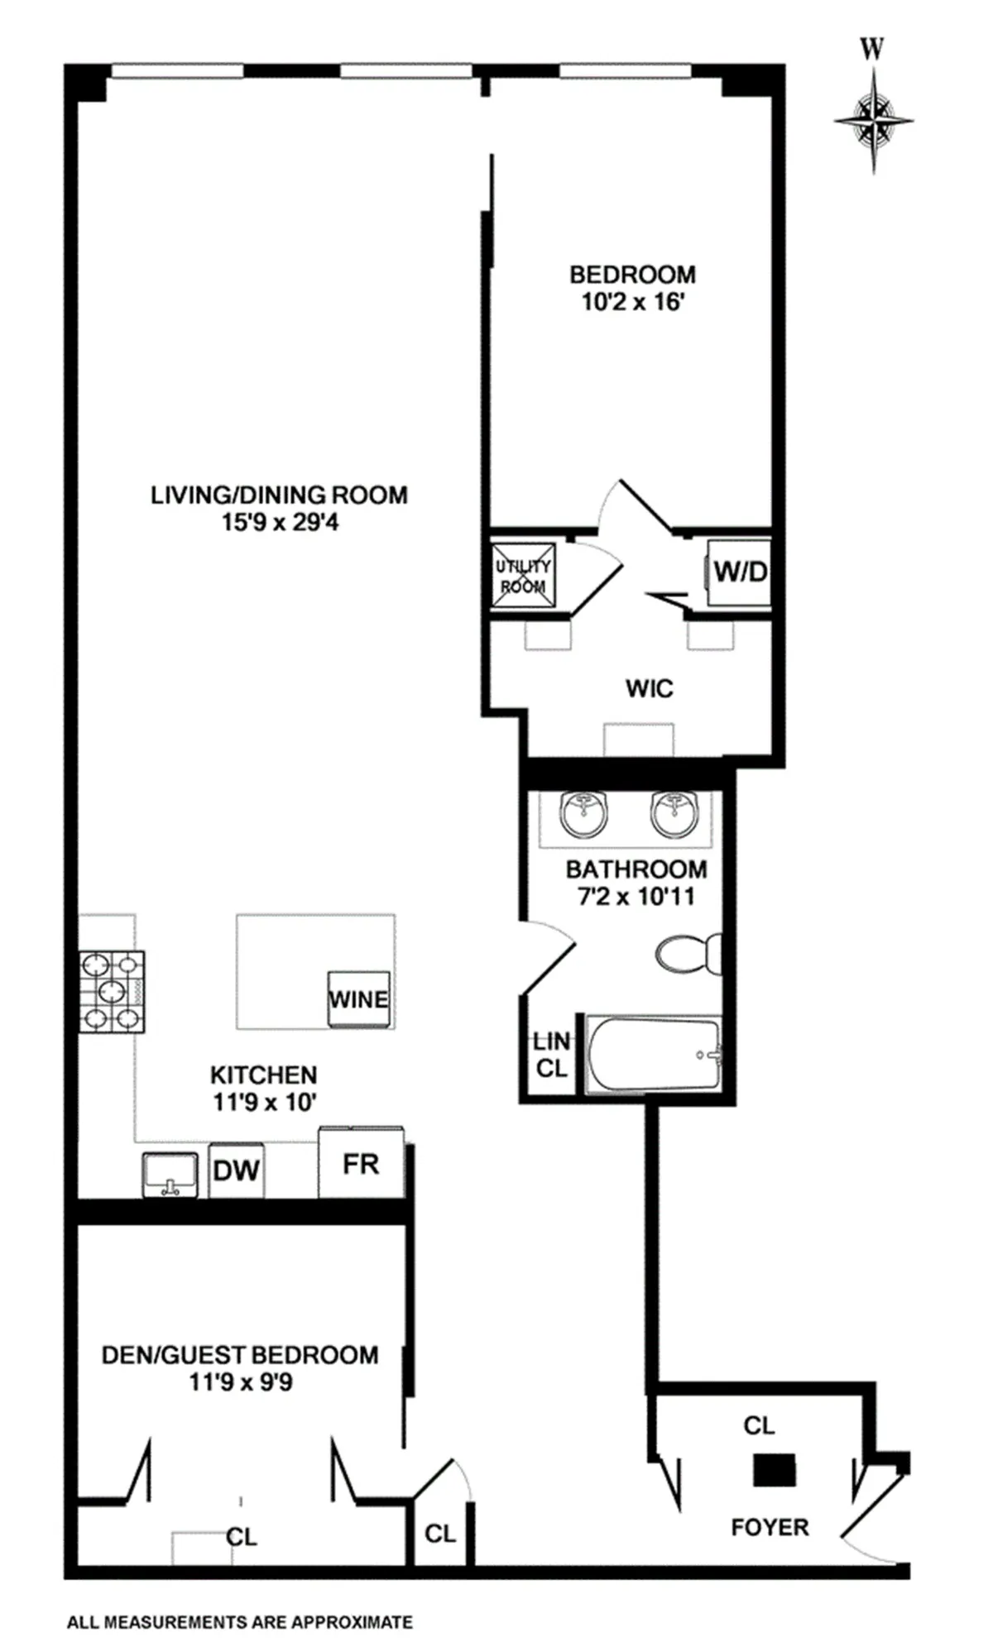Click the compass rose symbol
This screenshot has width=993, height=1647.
tap(874, 120)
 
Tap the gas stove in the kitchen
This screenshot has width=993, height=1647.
tap(112, 991)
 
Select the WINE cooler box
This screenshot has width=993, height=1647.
tap(358, 998)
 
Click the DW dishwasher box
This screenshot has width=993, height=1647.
tap(236, 1170)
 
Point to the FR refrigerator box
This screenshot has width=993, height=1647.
tap(361, 1163)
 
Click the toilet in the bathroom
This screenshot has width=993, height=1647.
tap(687, 955)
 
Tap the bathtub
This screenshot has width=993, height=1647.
tap(654, 1054)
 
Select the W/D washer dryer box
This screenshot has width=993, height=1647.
tap(739, 571)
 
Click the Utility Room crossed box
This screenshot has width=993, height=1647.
tap(523, 576)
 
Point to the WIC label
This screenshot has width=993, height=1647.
tap(650, 688)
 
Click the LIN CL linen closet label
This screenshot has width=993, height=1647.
tap(551, 1055)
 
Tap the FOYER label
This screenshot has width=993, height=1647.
tap(770, 1527)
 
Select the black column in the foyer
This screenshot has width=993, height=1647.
tap(774, 1471)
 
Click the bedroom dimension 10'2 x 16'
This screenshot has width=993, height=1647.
tap(633, 302)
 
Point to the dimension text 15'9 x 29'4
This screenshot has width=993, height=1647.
tap(280, 523)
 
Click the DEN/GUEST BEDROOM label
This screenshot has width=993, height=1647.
tap(240, 1355)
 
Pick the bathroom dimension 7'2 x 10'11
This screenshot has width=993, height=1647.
tap(636, 896)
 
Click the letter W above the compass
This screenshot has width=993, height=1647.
tap(871, 50)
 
